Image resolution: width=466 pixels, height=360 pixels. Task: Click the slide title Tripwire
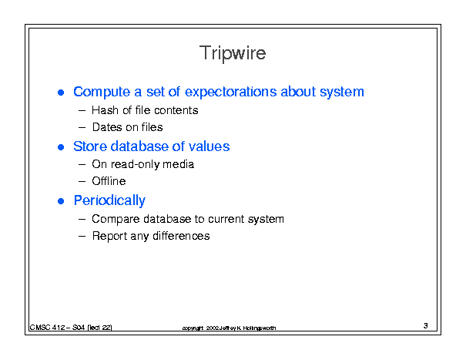233,53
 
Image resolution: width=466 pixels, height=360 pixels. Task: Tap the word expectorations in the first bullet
231,93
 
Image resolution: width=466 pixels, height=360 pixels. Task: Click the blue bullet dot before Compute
61,93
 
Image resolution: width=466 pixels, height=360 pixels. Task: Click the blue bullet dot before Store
61,147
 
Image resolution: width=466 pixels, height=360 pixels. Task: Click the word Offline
109,181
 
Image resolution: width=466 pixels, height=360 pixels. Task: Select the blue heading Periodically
109,201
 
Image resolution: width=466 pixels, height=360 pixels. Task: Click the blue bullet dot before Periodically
61,201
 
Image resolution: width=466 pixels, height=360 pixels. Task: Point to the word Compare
116,219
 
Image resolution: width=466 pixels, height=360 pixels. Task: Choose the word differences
181,236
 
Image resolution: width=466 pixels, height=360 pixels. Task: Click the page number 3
426,325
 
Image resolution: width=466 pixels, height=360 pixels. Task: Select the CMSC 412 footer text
71,328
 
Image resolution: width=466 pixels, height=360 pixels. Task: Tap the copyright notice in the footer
229,328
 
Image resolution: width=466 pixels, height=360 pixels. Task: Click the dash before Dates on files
82,128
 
